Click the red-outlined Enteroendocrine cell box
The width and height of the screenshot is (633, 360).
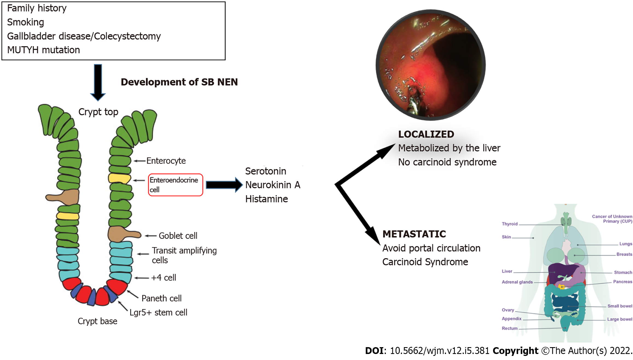175,185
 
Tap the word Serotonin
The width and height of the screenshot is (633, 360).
266,171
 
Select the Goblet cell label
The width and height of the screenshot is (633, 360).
178,236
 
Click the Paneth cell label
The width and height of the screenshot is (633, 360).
161,298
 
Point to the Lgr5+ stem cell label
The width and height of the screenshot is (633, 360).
158,312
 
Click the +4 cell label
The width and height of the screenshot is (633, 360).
164,278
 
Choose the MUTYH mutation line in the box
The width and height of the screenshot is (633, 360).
43,50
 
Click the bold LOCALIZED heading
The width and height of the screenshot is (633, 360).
426,134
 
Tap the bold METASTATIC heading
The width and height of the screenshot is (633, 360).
414,234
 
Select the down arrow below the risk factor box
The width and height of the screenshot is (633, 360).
98,82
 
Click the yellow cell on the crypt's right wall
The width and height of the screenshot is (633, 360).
119,178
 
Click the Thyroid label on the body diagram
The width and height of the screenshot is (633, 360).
509,224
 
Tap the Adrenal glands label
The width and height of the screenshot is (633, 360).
517,282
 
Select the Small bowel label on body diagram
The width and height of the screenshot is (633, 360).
620,306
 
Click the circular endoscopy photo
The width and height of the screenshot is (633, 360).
430,65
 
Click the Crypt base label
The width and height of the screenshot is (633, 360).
97,321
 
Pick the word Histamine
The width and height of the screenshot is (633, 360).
266,199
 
